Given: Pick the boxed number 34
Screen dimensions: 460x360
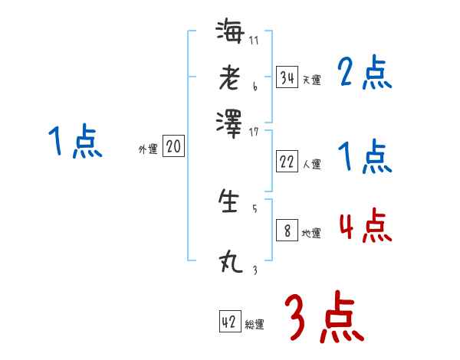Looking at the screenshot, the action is pos(287,77).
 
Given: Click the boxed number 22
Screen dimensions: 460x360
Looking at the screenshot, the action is pos(287,161).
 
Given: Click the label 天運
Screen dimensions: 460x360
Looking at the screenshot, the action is pos(311,80).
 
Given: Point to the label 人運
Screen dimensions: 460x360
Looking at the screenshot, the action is pos(311,163).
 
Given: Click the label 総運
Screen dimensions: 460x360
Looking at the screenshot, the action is pos(255,325).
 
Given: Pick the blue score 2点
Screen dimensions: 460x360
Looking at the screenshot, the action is pos(364,74).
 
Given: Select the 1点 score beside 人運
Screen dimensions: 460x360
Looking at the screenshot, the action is pos(364,157).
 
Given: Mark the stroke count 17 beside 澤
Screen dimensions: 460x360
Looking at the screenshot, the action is pos(255,132).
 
